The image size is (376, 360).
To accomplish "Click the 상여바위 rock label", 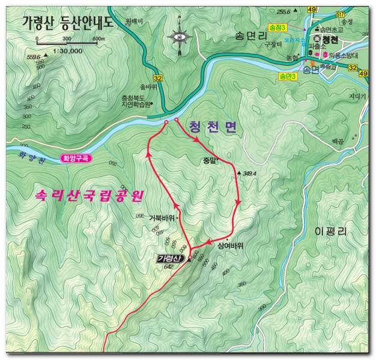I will pyautogui.click(x=230, y=245).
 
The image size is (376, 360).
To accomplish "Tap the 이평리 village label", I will pyautogui.click(x=332, y=231).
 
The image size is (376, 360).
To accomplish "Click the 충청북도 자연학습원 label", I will pyautogui.click(x=136, y=101).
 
